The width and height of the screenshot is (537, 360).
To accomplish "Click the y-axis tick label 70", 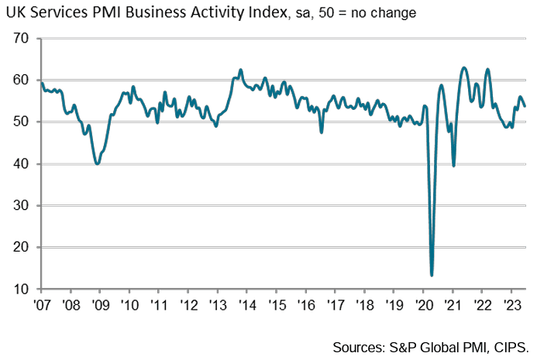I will pos(22,39).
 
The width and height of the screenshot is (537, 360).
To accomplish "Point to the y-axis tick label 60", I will pos(22,81).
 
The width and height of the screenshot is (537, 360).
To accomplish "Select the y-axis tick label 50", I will pos(22,122).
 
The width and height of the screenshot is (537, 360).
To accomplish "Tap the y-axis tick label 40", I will pos(22,164).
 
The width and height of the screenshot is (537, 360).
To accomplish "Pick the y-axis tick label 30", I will pos(22,206).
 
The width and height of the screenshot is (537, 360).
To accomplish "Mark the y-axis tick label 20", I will pos(22,248).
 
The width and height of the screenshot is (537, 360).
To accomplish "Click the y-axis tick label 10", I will pos(22,290).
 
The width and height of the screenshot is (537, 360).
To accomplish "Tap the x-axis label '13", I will pos(216,303).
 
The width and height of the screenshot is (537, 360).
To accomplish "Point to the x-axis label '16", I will pos(305,303).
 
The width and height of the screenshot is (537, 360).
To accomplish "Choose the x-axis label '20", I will pos(423,303).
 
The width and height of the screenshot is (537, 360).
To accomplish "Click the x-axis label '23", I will pos(511,303).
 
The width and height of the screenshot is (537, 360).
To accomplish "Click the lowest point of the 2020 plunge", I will pos(432,275).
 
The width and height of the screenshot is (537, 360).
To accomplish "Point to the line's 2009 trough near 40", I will pos(97,163).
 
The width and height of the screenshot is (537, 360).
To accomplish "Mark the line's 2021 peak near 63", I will pos(464,67).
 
